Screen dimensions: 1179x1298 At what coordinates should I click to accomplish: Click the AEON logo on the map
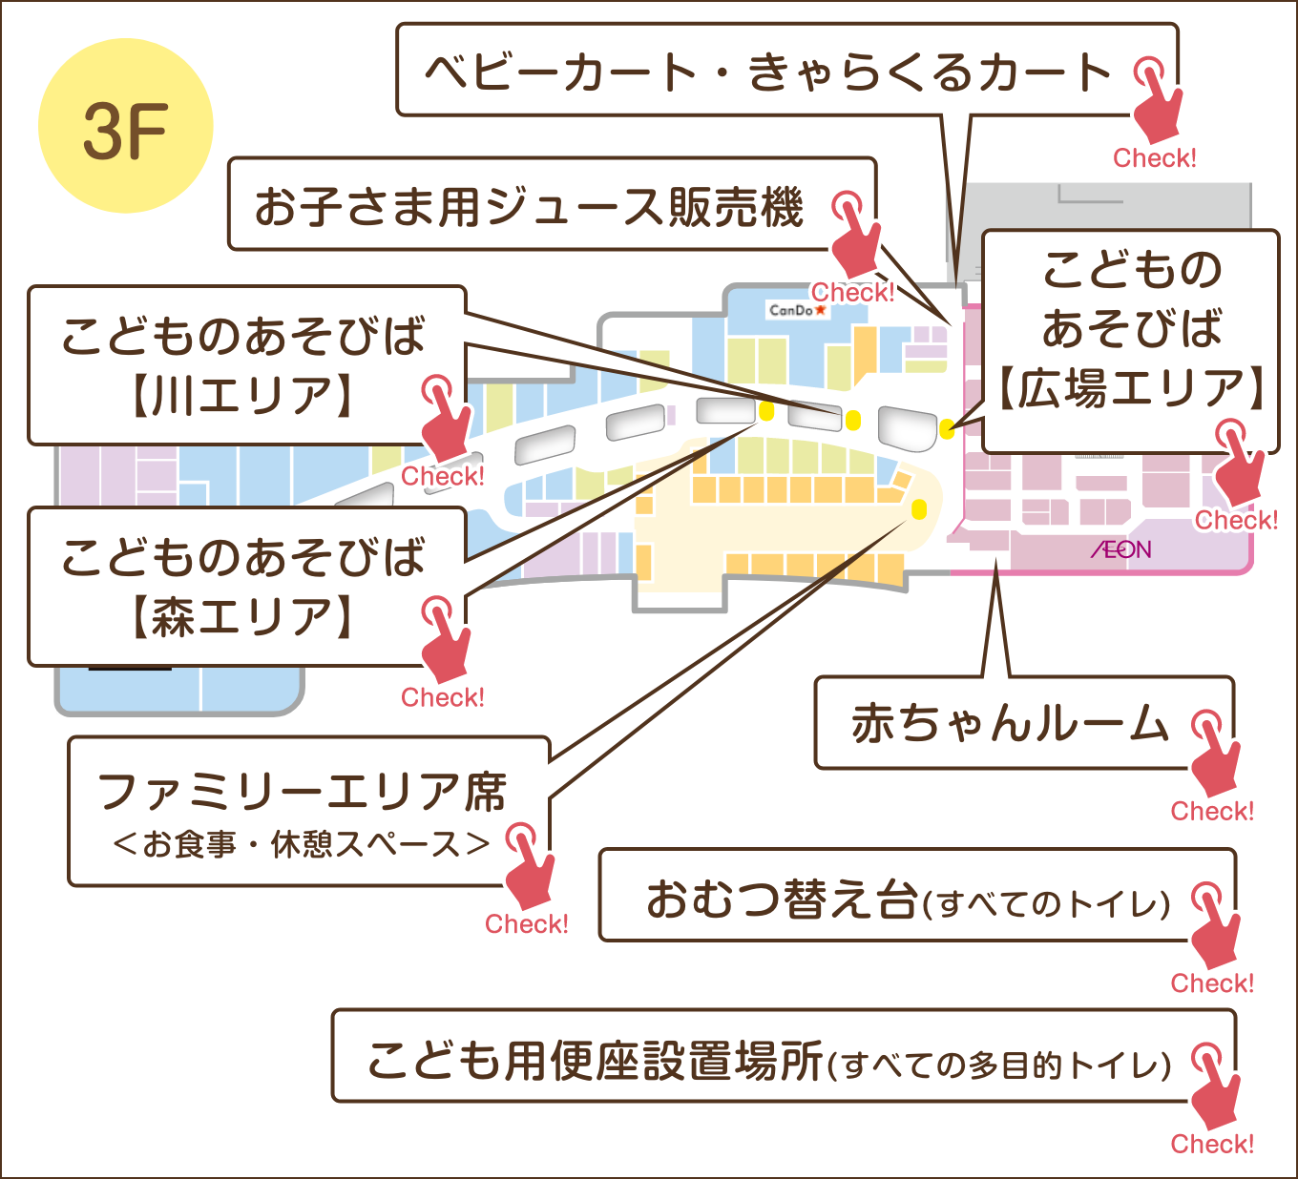(1120, 549)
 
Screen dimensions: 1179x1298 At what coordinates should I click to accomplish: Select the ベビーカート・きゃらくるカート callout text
(767, 72)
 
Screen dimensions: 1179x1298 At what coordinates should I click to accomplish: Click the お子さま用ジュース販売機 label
(529, 207)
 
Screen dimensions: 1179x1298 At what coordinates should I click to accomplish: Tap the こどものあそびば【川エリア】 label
(242, 365)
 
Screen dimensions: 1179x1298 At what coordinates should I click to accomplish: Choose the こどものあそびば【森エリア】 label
(242, 587)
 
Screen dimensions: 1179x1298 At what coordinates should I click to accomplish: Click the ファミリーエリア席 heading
(302, 792)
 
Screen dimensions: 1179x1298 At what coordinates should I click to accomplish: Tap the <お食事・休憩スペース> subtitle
(302, 844)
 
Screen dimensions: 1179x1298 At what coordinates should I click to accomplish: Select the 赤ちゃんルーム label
(1009, 724)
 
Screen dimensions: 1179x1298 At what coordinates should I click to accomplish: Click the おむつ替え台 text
(781, 900)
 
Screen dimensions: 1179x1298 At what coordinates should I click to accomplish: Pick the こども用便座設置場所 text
(594, 1061)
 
